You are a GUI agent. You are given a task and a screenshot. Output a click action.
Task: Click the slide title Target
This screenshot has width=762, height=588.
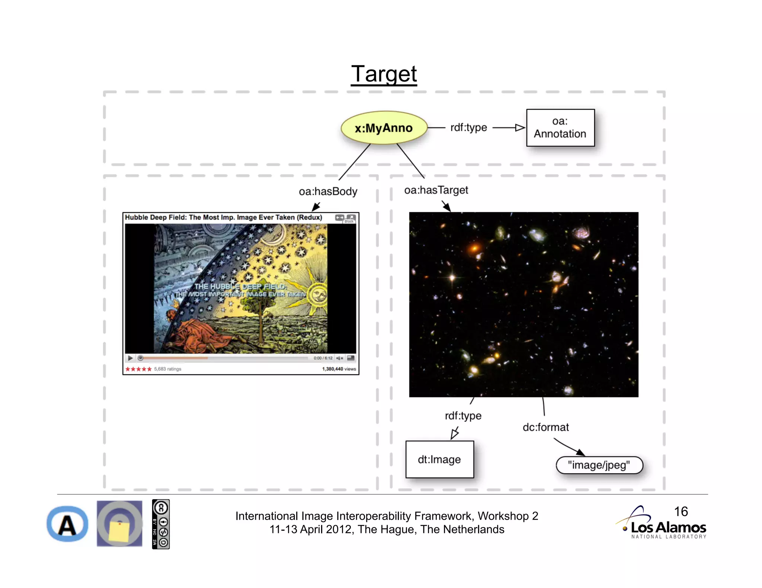pos(384,74)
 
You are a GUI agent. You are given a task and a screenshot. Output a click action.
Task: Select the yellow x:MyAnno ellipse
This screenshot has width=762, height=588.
pos(384,128)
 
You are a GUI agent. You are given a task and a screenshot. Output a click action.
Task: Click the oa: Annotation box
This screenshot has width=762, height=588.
pos(560,127)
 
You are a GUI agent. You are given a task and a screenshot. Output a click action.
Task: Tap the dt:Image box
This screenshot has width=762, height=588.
pos(439,459)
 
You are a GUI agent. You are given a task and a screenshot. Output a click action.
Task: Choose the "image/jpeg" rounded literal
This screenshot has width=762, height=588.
pos(599,465)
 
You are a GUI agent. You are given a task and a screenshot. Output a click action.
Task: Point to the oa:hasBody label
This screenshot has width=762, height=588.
pos(328,191)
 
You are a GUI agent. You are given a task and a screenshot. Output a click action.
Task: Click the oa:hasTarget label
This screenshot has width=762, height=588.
pos(436,190)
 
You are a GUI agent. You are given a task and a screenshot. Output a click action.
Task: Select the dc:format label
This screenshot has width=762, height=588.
pos(545,427)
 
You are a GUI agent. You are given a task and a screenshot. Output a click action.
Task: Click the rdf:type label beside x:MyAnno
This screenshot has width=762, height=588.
pos(468,127)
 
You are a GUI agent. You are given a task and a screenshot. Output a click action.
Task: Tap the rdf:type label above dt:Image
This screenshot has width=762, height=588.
pos(463,416)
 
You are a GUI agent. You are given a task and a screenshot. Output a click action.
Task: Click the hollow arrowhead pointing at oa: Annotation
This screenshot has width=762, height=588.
pos(520,128)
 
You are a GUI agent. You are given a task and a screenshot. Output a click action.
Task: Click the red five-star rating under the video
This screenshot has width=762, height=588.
pos(138,369)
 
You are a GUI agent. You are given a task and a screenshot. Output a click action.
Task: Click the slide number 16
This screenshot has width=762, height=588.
pos(681,511)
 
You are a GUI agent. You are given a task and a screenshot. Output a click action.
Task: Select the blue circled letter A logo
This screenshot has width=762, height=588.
pos(67,524)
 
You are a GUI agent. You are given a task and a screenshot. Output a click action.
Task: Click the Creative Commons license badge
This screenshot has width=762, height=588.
pos(161,524)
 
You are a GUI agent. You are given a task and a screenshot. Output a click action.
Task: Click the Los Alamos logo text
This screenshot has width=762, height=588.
pos(668,527)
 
